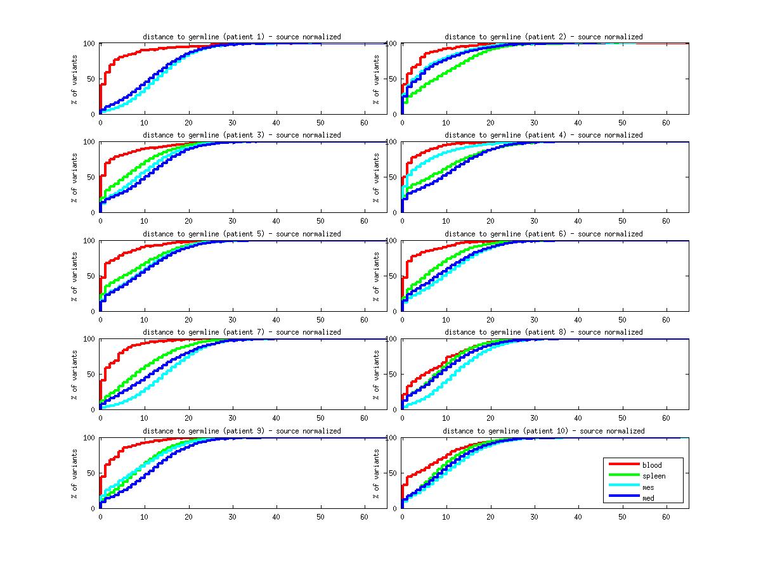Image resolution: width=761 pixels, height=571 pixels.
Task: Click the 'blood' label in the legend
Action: coord(651,465)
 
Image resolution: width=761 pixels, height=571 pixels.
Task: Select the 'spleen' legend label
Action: coord(654,476)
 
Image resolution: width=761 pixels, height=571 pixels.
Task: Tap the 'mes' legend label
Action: coord(648,487)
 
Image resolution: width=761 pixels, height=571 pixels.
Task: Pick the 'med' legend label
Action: coord(648,498)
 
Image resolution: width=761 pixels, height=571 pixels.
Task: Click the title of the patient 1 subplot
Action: coord(242,37)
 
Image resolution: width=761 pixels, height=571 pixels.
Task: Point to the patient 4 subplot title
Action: coord(543,135)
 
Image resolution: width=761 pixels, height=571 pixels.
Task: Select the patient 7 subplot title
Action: coord(242,332)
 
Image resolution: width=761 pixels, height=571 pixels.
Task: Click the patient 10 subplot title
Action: coord(543,431)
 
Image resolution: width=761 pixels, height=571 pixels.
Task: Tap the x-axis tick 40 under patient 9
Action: coord(276,516)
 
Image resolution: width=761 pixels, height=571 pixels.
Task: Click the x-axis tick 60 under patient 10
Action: coord(667,516)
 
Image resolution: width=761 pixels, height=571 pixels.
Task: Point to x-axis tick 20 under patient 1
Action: coord(188,123)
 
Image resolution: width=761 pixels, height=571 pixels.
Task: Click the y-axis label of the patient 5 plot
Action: coord(74,276)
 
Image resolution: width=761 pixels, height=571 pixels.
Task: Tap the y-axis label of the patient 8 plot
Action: coord(376,375)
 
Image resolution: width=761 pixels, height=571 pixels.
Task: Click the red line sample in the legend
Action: coord(622,465)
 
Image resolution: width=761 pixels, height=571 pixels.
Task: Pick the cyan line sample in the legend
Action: coord(622,487)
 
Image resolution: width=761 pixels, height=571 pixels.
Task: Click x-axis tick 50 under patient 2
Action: coord(622,123)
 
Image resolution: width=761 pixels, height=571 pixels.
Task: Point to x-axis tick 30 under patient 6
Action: coord(534,319)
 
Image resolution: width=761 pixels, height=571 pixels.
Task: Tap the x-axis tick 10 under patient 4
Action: coord(446,221)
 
